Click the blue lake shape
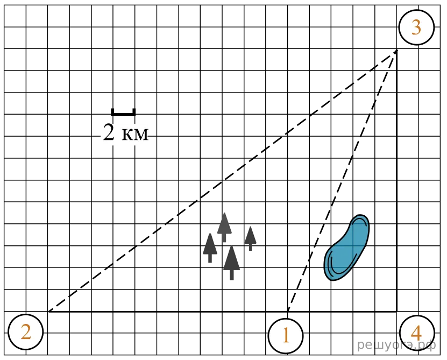(x=346, y=248)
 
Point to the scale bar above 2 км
(x=123, y=114)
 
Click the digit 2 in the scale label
(x=108, y=133)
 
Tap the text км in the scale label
(x=135, y=134)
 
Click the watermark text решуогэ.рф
(x=396, y=345)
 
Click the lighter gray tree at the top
(x=224, y=225)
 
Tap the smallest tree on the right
(x=250, y=237)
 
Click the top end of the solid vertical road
(x=396, y=50)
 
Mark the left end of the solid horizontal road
(x=48, y=312)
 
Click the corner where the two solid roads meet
(x=396, y=312)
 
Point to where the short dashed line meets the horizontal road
(x=288, y=312)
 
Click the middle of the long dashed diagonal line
(x=222, y=181)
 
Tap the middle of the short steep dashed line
(x=342, y=181)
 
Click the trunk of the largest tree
(x=231, y=274)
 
